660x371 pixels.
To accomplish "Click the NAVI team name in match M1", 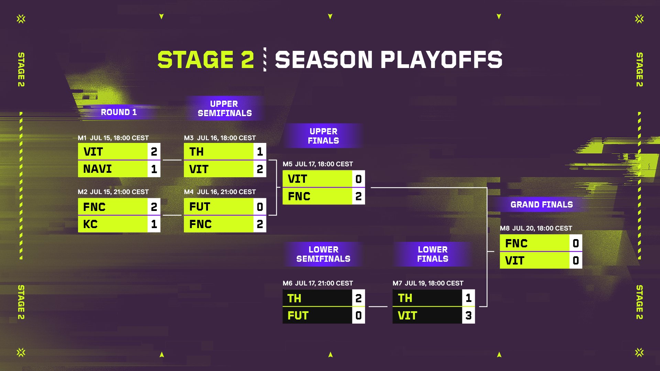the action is (x=97, y=169).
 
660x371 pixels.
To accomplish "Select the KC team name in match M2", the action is (x=90, y=224).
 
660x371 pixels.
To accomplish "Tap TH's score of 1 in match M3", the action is (x=260, y=151).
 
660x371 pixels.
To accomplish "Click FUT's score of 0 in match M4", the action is (x=260, y=207).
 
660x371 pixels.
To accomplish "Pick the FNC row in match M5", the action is (x=323, y=196).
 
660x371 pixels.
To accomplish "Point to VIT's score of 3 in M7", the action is (x=469, y=315).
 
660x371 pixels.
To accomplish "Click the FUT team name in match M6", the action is (x=298, y=316).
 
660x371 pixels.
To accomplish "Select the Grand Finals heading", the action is (x=542, y=205).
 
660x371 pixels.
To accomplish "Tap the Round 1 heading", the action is (x=119, y=112).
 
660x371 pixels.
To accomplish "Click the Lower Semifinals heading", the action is (x=323, y=254).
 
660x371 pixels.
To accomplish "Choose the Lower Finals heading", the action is (x=433, y=254).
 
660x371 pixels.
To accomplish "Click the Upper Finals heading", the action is (x=323, y=136).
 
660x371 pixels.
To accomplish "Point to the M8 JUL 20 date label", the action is (x=536, y=228).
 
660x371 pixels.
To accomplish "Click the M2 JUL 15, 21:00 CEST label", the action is (x=113, y=192).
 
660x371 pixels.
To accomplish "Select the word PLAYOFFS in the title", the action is (x=441, y=60).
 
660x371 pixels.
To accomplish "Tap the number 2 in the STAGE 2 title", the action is (x=247, y=60).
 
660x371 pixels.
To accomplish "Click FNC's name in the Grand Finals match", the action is (x=516, y=244).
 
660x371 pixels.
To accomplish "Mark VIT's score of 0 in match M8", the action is (x=576, y=261).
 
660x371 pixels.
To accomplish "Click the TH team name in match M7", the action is (x=405, y=298).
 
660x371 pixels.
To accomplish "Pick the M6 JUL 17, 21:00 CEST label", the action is (x=318, y=283).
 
